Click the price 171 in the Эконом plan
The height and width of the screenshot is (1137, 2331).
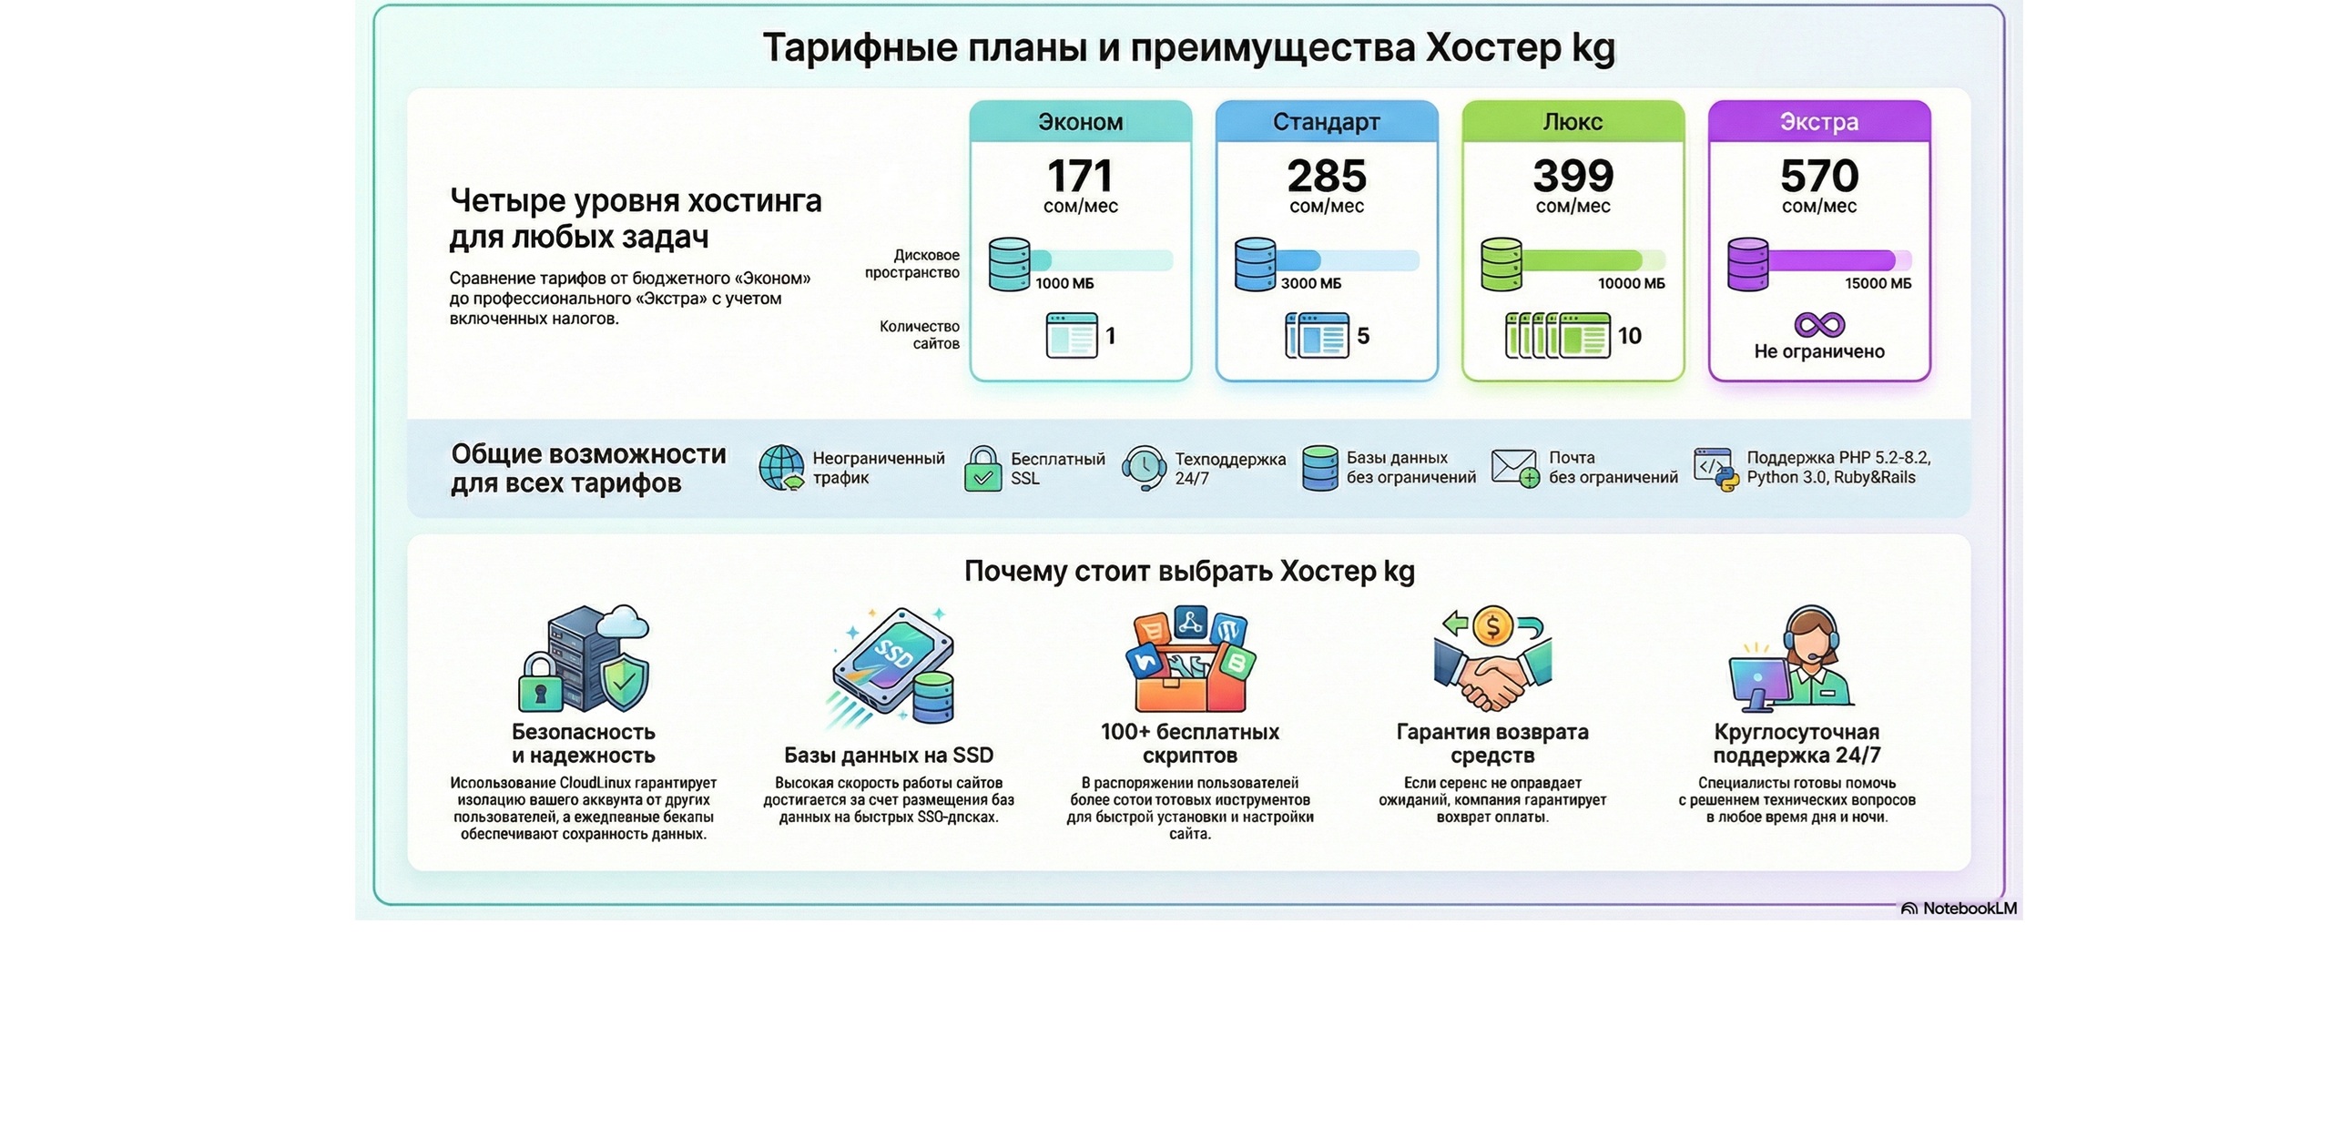point(1079,176)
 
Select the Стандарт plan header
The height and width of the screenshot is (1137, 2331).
point(1326,122)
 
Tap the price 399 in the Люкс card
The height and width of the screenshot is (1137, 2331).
point(1573,176)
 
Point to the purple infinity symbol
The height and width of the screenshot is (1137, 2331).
point(1818,325)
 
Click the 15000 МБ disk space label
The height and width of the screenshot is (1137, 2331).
point(1878,284)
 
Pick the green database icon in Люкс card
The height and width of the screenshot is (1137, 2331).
point(1501,264)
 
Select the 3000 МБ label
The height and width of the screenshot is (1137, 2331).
point(1310,284)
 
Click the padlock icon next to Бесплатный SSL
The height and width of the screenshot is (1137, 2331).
point(982,469)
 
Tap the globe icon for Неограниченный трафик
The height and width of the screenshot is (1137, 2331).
point(781,468)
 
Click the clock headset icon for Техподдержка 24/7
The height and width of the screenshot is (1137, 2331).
point(1144,468)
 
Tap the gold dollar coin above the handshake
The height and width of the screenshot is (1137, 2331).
point(1492,626)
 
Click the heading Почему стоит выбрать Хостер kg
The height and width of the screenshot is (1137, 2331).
point(1189,572)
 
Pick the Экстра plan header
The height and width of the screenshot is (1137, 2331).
point(1818,122)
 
